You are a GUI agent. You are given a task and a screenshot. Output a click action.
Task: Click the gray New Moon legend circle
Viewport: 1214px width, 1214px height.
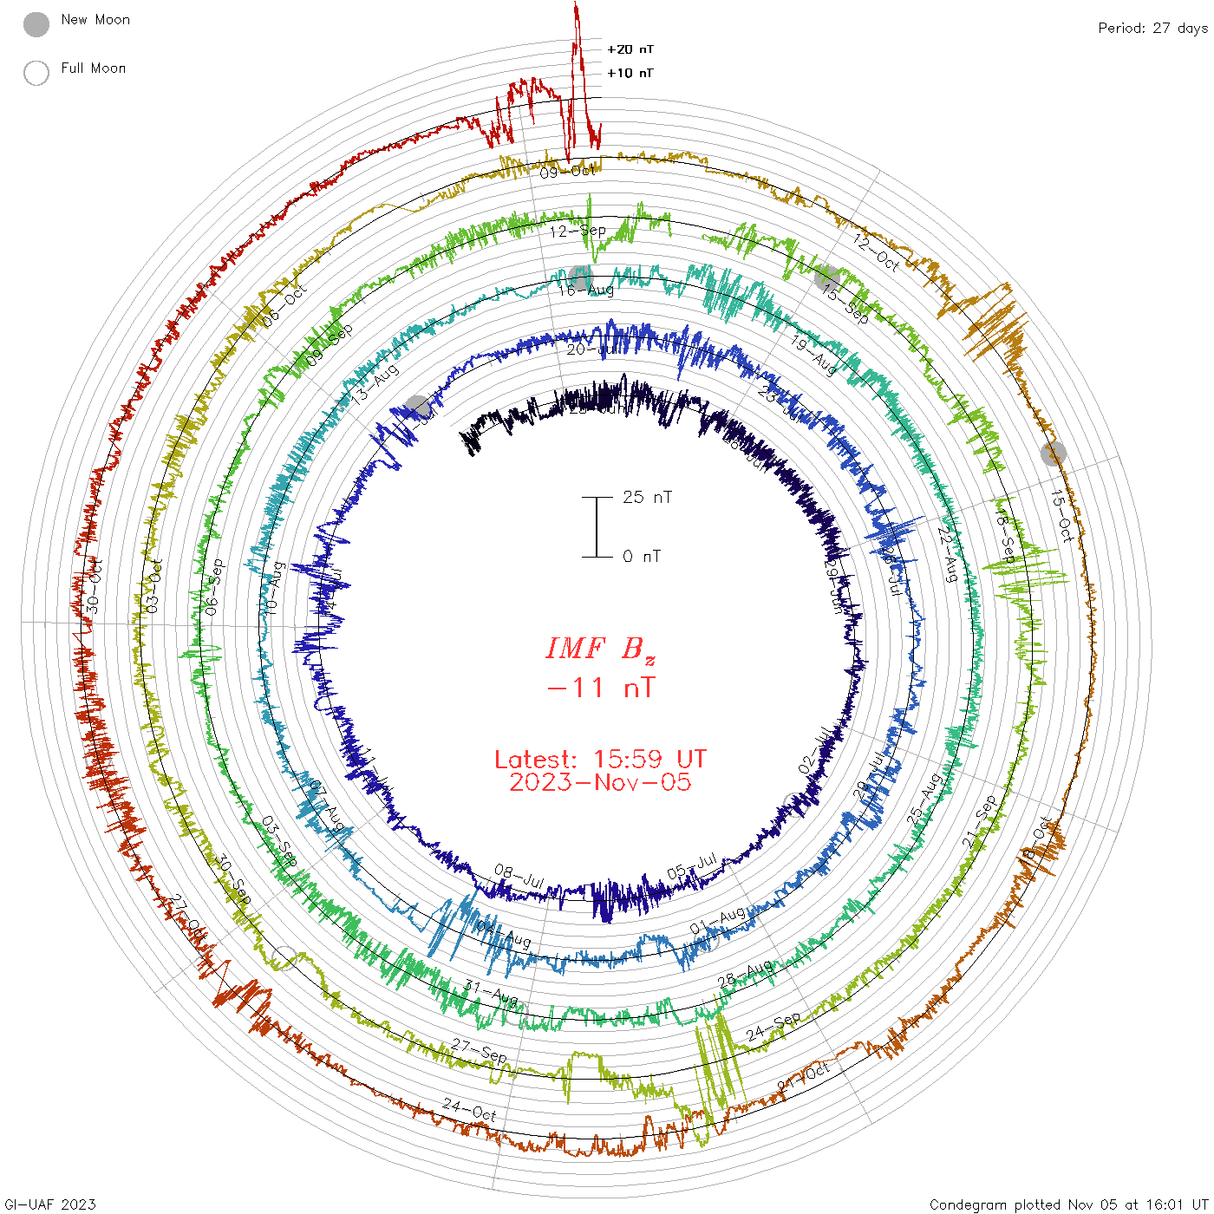pos(36,25)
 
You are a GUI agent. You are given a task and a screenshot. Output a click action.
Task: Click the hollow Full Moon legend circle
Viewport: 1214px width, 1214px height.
pos(36,74)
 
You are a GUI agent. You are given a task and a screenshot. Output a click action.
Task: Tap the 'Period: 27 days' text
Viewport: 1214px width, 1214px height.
pos(1152,29)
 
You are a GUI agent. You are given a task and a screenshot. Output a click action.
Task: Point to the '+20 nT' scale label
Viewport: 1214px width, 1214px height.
pos(630,50)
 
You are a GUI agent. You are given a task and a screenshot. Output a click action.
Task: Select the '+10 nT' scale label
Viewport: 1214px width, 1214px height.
pos(630,74)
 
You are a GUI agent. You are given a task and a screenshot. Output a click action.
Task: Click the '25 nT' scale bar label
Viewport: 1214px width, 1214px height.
pos(647,498)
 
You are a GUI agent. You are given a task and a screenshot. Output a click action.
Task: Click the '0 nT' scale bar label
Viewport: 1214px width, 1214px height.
pos(642,557)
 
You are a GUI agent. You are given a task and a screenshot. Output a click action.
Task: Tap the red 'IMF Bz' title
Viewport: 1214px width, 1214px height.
pos(600,649)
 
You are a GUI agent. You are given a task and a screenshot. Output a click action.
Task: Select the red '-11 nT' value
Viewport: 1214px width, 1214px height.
pos(601,689)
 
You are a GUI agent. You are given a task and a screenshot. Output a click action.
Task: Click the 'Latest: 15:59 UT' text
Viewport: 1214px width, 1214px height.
pos(600,760)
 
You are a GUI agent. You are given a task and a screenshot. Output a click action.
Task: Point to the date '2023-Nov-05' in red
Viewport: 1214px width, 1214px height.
pos(600,783)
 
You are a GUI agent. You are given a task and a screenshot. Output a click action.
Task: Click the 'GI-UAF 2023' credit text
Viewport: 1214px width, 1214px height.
pos(49,1204)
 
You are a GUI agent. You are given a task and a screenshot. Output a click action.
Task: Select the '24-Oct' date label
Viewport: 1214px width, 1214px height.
pos(469,1109)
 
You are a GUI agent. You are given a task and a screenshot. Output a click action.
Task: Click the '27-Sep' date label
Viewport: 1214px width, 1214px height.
pos(480,1050)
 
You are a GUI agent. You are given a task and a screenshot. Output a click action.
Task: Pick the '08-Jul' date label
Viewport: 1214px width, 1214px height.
pos(519,876)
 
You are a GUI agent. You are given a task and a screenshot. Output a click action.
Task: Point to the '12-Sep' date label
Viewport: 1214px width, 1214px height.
pos(578,232)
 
